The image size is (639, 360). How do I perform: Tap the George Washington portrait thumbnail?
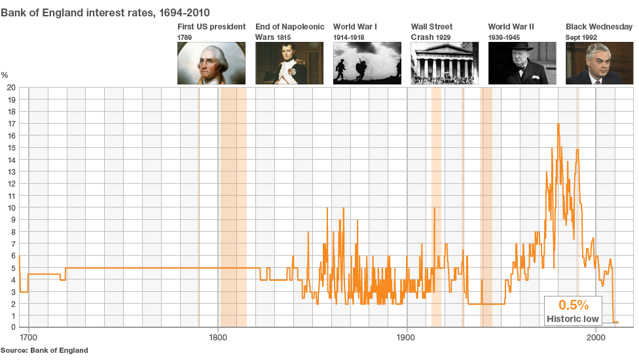click(x=211, y=63)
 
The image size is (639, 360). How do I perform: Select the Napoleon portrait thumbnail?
click(x=289, y=63)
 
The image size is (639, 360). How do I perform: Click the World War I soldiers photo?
click(x=367, y=63)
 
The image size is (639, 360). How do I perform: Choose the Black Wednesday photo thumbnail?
click(x=599, y=63)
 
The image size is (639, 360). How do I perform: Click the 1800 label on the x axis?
click(x=218, y=338)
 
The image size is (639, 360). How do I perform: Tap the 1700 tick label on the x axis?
click(x=29, y=338)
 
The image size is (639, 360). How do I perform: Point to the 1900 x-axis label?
click(x=407, y=338)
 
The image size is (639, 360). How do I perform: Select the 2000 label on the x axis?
click(x=596, y=338)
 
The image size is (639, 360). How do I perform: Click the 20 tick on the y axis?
click(x=10, y=87)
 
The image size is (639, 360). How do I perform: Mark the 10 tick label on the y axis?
click(x=10, y=207)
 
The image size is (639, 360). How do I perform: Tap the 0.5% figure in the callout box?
click(x=574, y=305)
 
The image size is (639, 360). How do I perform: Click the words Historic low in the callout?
click(x=573, y=319)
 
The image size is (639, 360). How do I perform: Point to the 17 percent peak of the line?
click(x=558, y=124)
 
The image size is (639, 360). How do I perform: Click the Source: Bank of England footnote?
click(x=44, y=350)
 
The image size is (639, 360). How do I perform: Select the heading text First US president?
click(x=211, y=27)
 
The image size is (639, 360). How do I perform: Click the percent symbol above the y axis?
click(x=5, y=76)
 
